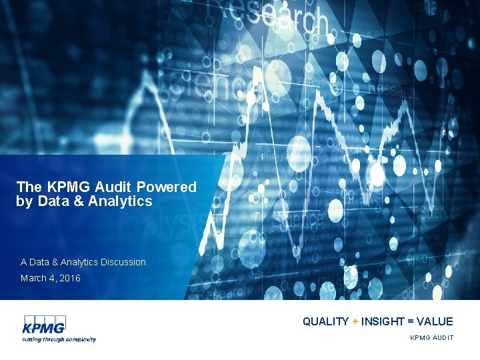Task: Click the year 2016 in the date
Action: coord(69,278)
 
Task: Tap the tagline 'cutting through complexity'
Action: coord(60,339)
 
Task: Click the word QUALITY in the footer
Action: coord(325,321)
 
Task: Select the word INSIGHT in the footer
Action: coord(383,321)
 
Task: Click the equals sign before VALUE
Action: coord(413,321)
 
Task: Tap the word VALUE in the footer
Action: coord(436,321)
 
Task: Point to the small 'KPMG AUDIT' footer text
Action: coord(431,338)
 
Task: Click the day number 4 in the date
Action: coord(52,278)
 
